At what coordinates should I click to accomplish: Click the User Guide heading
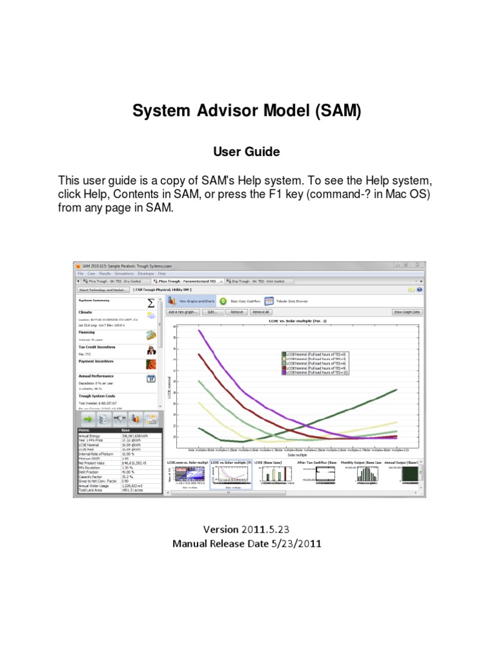(246, 152)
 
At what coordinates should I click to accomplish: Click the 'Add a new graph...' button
(182, 312)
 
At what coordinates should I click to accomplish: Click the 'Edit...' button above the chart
(211, 312)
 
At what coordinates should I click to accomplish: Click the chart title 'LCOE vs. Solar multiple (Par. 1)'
(294, 320)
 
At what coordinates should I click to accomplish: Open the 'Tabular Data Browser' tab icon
(270, 301)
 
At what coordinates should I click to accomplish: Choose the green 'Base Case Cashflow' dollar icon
(223, 301)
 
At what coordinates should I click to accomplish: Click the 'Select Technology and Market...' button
(102, 290)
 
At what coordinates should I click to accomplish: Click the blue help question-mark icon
(419, 290)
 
